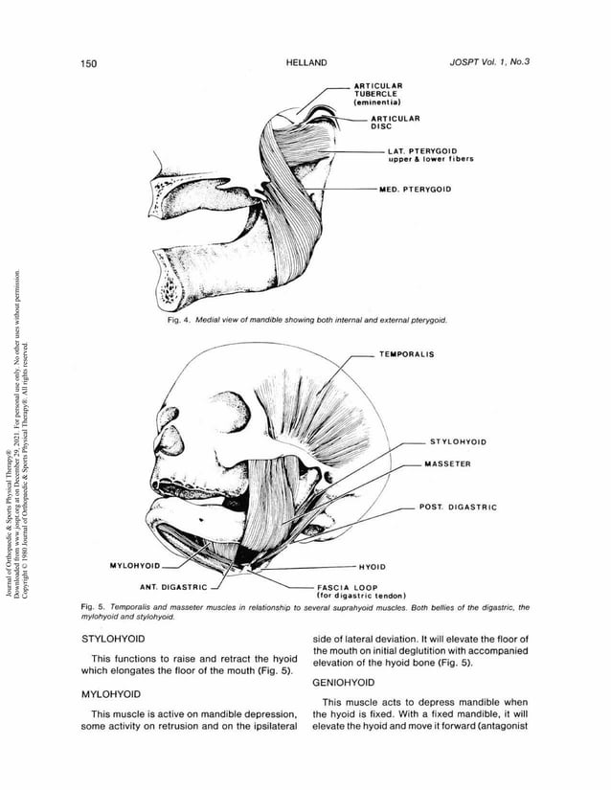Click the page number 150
point(90,63)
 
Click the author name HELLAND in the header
point(306,63)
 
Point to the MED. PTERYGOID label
point(415,189)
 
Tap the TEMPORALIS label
point(406,354)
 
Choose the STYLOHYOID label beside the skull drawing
point(458,442)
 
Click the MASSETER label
point(447,463)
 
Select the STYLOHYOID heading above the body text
point(113,637)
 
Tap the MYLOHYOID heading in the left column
point(111,692)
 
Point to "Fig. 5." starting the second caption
point(96,607)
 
